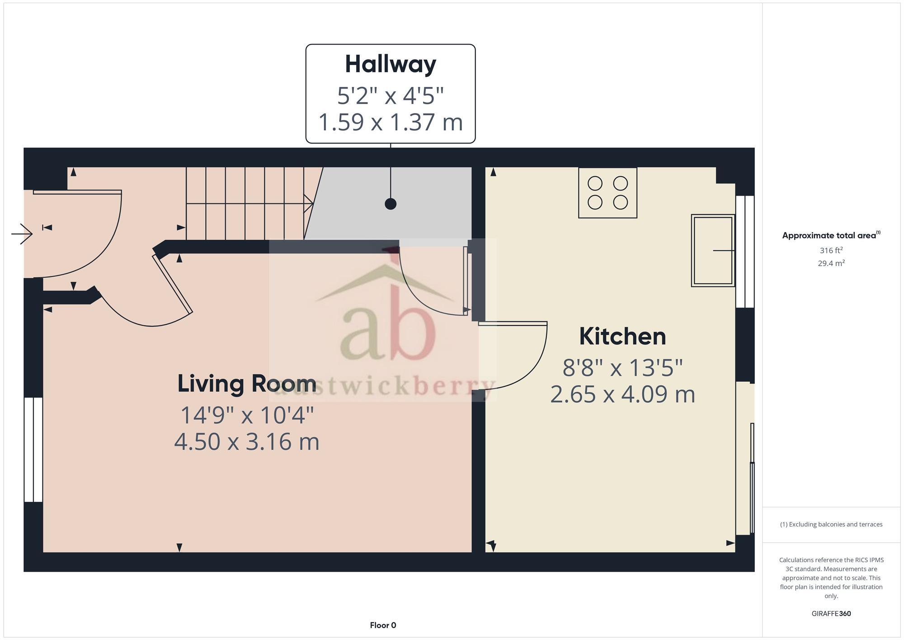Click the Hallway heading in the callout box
pyautogui.click(x=391, y=64)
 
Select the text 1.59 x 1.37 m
pyautogui.click(x=391, y=122)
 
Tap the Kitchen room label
pyautogui.click(x=622, y=337)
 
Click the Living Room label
pyautogui.click(x=247, y=384)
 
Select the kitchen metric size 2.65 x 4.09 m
pyautogui.click(x=622, y=394)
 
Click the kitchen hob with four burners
pyautogui.click(x=607, y=193)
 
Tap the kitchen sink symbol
pyautogui.click(x=713, y=250)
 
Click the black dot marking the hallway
pyautogui.click(x=391, y=204)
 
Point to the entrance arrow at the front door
pyautogui.click(x=22, y=234)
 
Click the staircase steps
pyautogui.click(x=244, y=204)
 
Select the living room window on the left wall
pyautogui.click(x=33, y=450)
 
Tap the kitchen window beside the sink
pyautogui.click(x=745, y=251)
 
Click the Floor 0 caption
pyautogui.click(x=383, y=626)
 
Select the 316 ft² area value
pyautogui.click(x=831, y=250)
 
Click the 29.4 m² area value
pyautogui.click(x=831, y=263)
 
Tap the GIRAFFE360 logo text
pyautogui.click(x=831, y=614)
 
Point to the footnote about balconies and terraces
pyautogui.click(x=831, y=525)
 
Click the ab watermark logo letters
pyautogui.click(x=388, y=332)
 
